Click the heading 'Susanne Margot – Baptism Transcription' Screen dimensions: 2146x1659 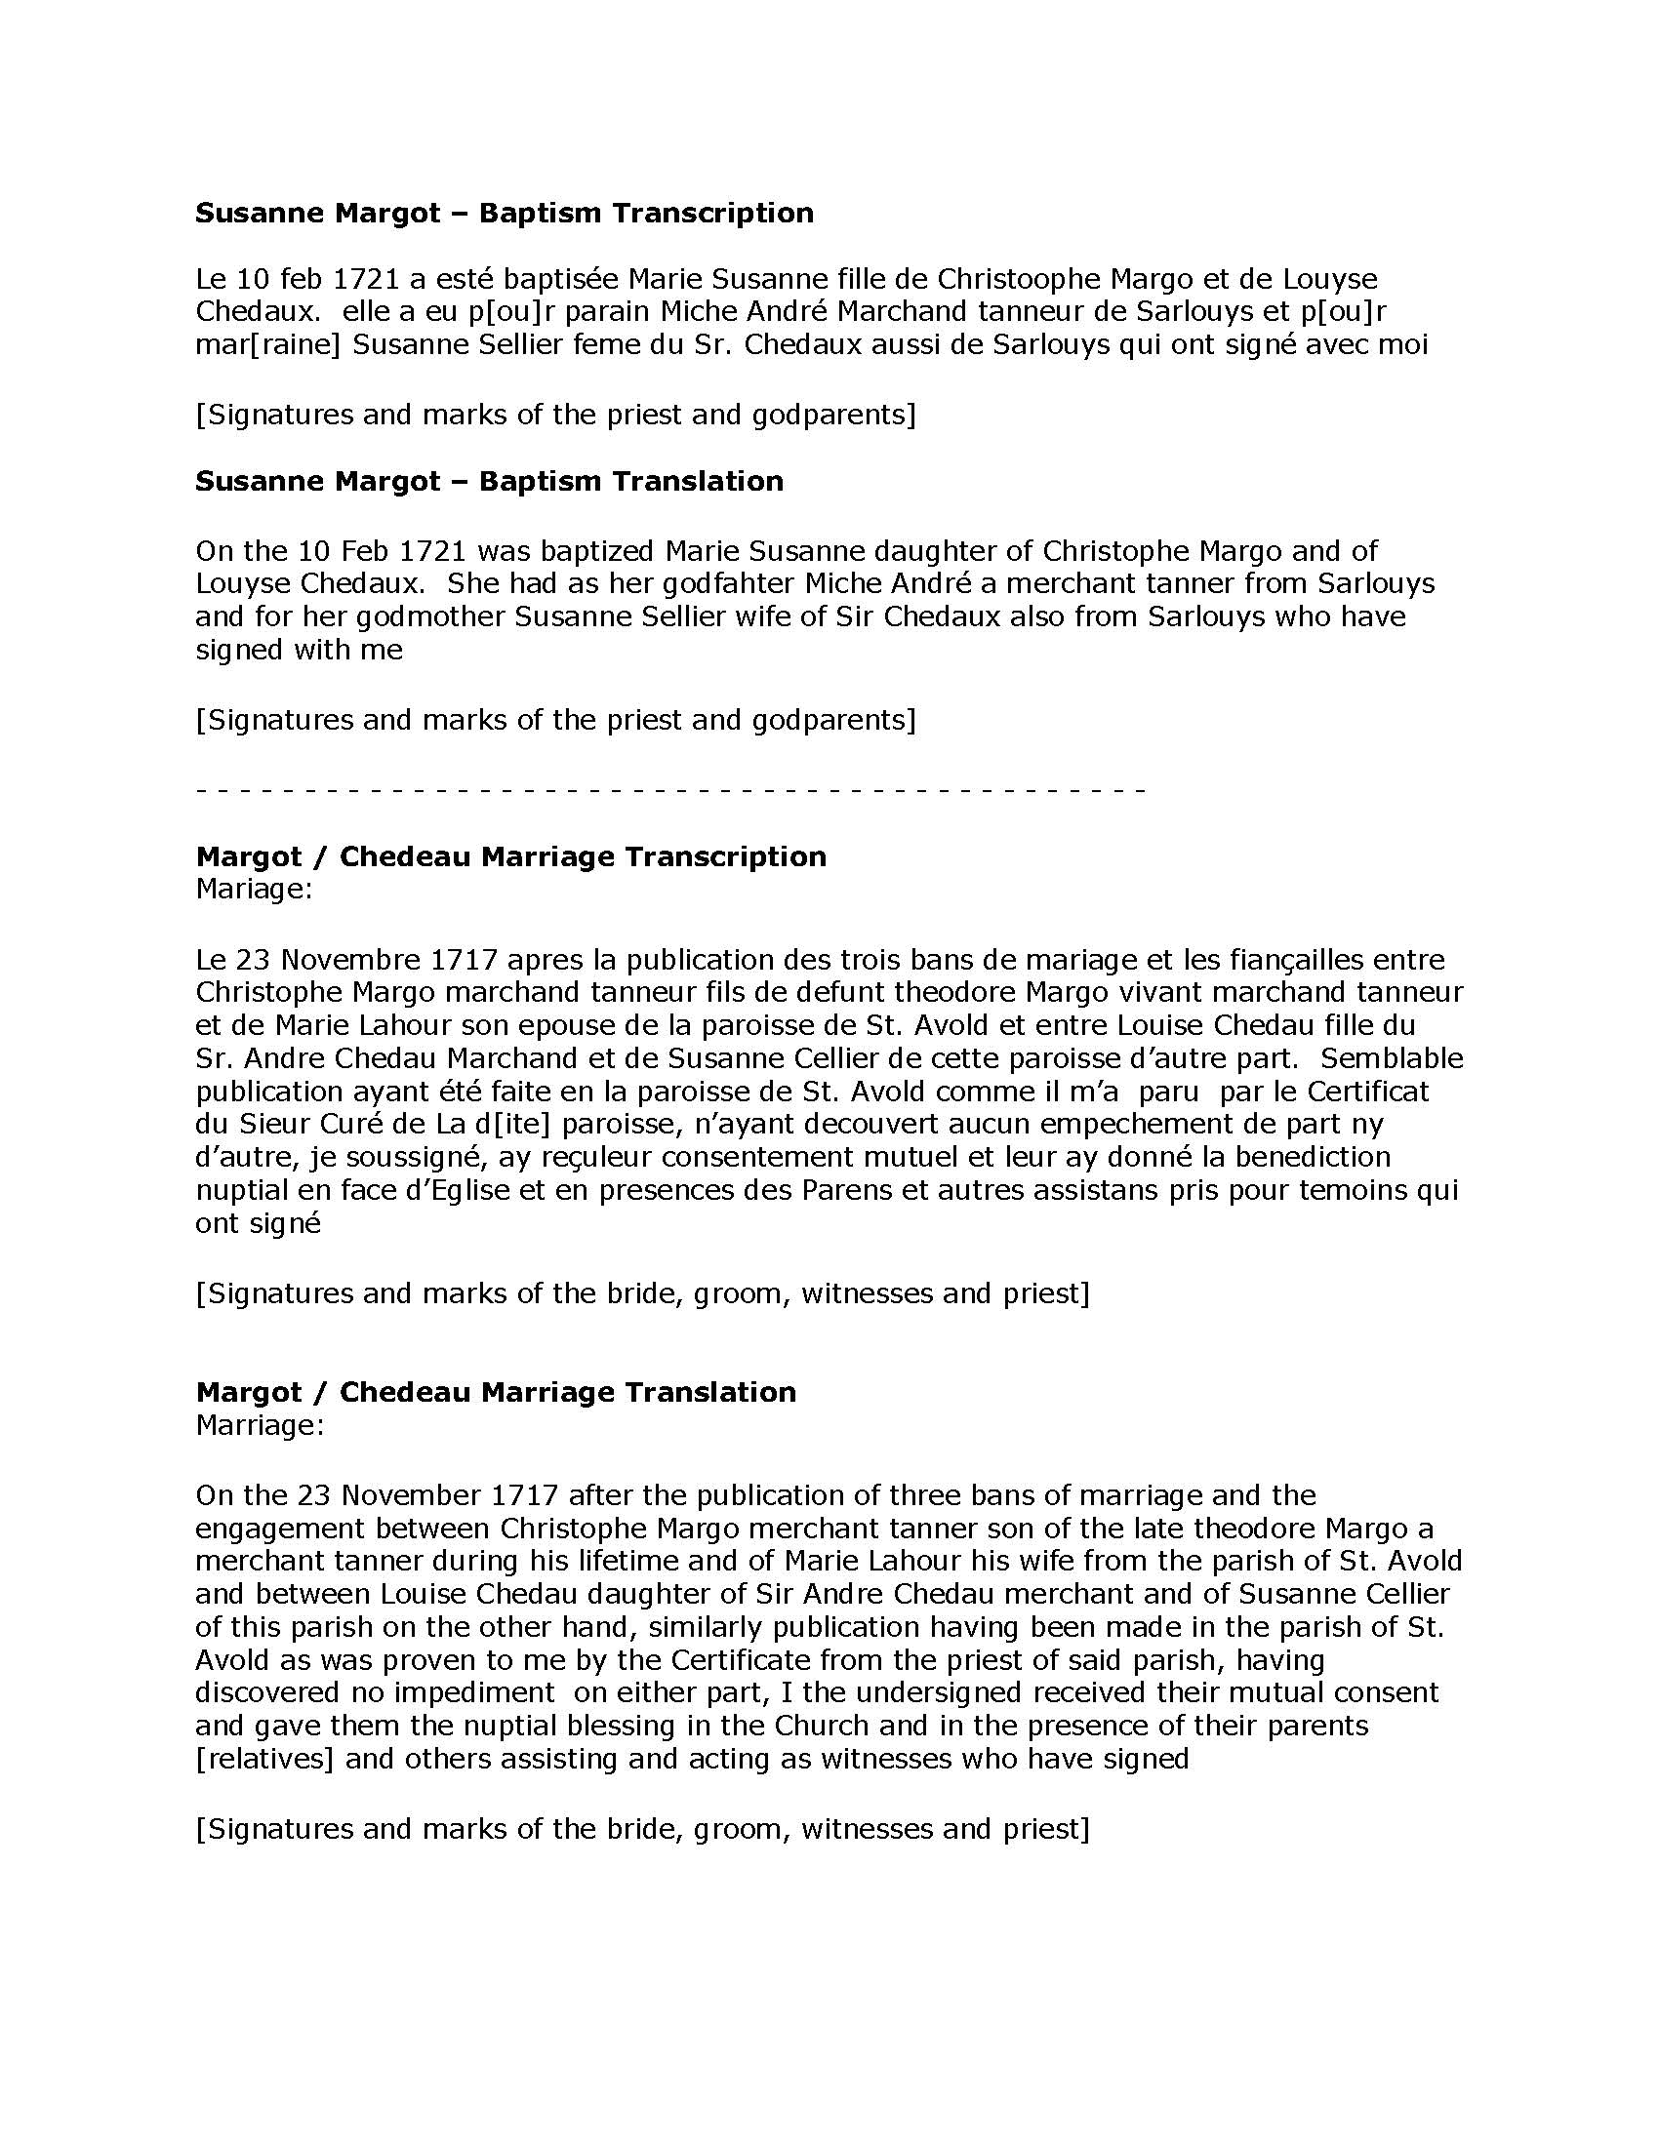click(505, 214)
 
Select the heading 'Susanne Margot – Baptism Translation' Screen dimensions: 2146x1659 click(490, 481)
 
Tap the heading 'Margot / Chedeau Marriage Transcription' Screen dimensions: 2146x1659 click(511, 855)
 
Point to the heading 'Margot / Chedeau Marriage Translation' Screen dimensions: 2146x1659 click(497, 1391)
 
